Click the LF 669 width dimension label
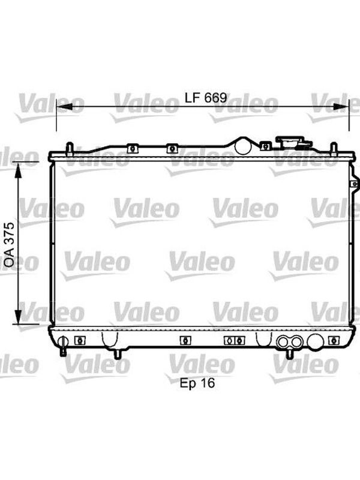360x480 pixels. pyautogui.click(x=206, y=98)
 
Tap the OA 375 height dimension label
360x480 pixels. pyautogui.click(x=9, y=244)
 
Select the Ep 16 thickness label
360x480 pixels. pyautogui.click(x=197, y=383)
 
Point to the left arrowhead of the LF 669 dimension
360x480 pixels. pyautogui.click(x=65, y=107)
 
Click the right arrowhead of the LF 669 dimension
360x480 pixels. pyautogui.click(x=341, y=107)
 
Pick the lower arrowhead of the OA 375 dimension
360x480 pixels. pyautogui.click(x=19, y=317)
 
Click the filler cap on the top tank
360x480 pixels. pyautogui.click(x=293, y=142)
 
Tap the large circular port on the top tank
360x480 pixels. pyautogui.click(x=243, y=146)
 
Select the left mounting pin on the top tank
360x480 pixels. pyautogui.click(x=70, y=149)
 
